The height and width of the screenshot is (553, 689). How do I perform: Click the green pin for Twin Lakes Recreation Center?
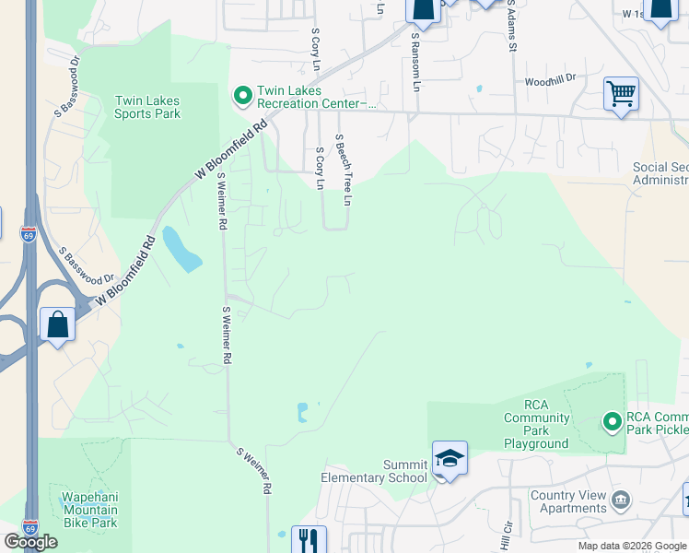tap(243, 95)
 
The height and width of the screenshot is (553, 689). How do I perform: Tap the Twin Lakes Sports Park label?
tap(147, 107)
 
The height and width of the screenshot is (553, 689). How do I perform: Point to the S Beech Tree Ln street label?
tap(344, 171)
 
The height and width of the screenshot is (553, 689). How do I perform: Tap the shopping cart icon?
tap(621, 93)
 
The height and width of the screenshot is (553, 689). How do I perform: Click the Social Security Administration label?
tap(660, 173)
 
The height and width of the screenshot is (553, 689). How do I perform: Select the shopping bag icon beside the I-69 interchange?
tap(57, 325)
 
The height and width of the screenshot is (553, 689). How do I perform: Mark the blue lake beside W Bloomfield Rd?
tap(181, 249)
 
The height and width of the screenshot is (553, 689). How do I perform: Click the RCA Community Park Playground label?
tap(535, 423)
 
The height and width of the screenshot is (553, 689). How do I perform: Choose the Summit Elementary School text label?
tap(374, 470)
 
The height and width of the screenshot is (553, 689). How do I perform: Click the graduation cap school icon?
tap(450, 458)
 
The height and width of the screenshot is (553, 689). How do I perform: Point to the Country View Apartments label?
tap(568, 501)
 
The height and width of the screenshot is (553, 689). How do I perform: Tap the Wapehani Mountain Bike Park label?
tap(88, 510)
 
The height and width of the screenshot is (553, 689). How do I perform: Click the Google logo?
tap(30, 542)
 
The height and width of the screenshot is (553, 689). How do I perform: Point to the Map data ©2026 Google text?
tap(631, 546)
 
